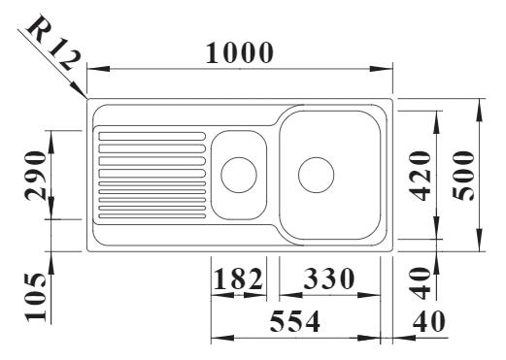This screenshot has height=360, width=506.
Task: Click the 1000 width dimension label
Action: pos(240,54)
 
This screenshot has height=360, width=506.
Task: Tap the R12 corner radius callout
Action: pos(51,43)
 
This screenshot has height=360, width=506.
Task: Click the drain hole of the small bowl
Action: pos(239,175)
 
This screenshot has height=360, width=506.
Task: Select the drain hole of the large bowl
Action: pos(317,175)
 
